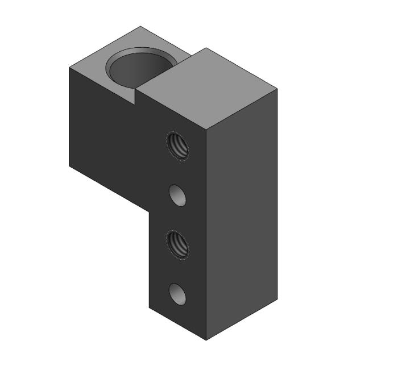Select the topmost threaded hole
178,145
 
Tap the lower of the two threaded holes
178,244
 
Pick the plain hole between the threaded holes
178,195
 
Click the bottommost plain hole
178,294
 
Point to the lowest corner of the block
206,340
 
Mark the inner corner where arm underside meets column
149,209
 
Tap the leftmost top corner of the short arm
69,68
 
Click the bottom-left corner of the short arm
69,166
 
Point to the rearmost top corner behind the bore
140,26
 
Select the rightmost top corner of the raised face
277,89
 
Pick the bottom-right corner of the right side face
277,300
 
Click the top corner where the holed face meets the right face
206,130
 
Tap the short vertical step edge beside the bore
135,96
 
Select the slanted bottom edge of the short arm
108,187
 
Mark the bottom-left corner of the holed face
149,307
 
